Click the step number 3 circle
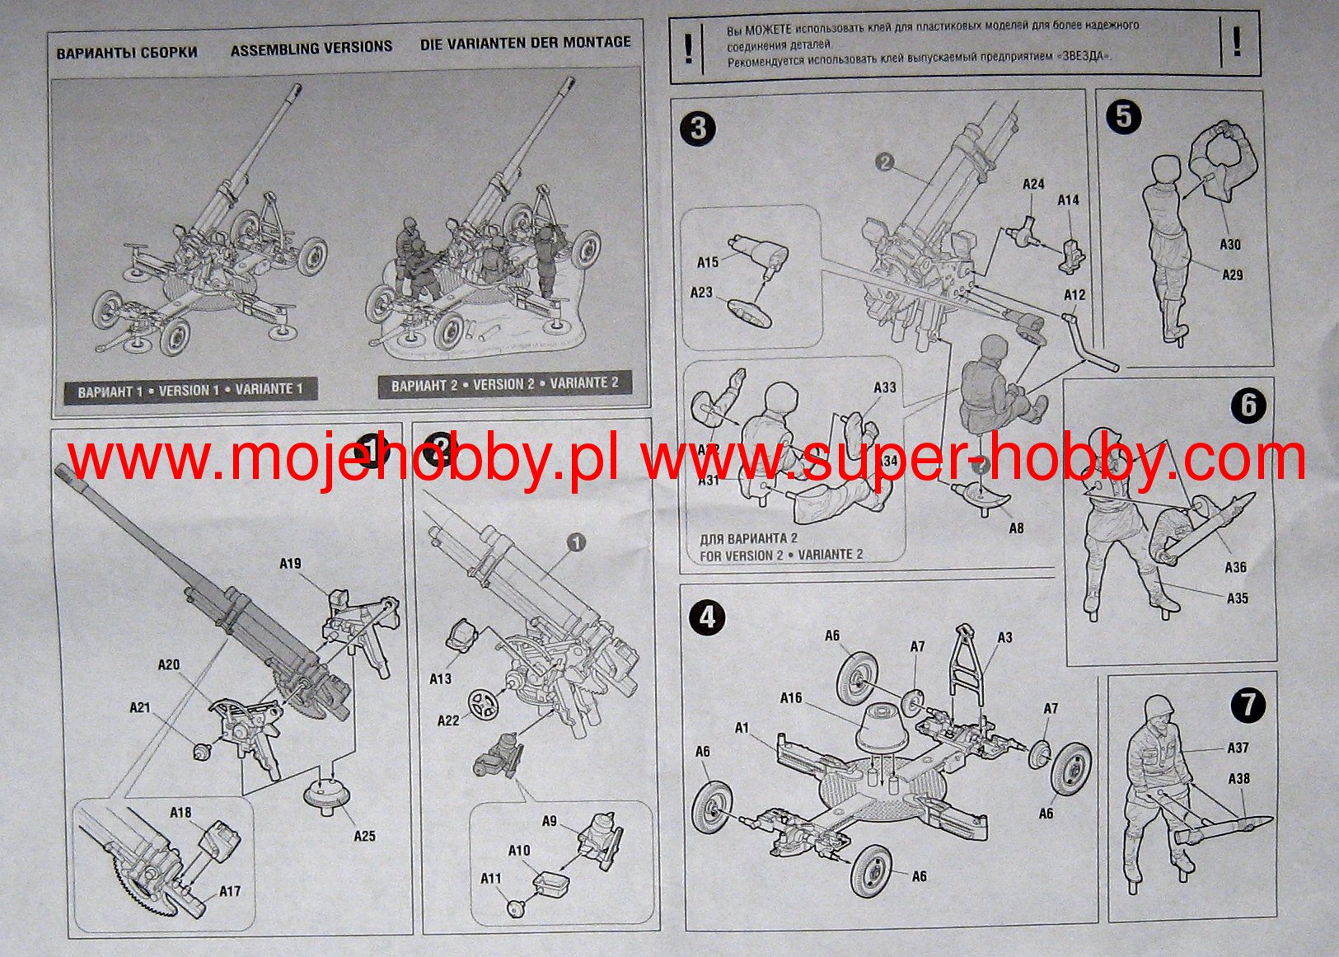click(x=698, y=129)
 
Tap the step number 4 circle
click(x=708, y=617)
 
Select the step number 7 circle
click(x=1248, y=705)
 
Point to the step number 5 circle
click(x=1124, y=117)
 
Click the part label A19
click(x=290, y=564)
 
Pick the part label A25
click(x=364, y=836)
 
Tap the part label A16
click(x=791, y=698)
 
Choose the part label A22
click(x=447, y=720)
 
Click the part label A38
click(x=1238, y=778)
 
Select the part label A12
click(x=1074, y=294)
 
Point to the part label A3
click(x=1004, y=637)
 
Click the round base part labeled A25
click(x=328, y=796)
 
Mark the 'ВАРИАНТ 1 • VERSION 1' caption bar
click(x=190, y=391)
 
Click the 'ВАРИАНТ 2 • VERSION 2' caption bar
click(x=504, y=384)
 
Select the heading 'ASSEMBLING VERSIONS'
click(x=311, y=49)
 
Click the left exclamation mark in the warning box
click(x=689, y=49)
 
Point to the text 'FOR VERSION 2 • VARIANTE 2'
click(x=781, y=555)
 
